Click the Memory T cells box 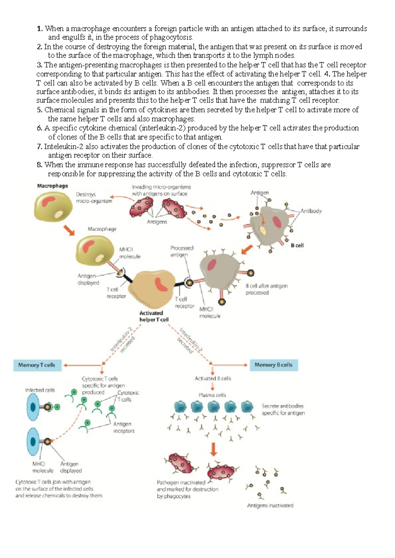(x=37, y=365)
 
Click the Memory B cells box (x=274, y=365)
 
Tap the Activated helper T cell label (x=154, y=316)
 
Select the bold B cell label (x=297, y=246)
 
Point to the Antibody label (x=311, y=211)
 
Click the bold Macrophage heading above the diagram (x=52, y=186)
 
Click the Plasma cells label (x=212, y=395)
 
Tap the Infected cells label (x=40, y=390)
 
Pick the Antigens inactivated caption (x=270, y=506)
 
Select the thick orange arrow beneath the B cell (x=247, y=249)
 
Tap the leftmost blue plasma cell (x=180, y=407)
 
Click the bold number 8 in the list (x=39, y=165)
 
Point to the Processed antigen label (x=182, y=251)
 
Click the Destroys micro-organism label (x=94, y=198)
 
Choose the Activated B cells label (x=213, y=379)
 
